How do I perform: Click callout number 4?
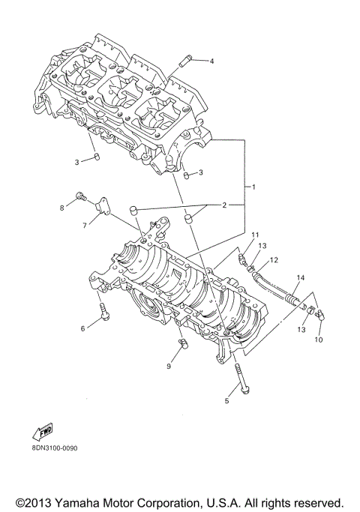[211, 61]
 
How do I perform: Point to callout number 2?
[223, 205]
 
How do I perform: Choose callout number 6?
[83, 328]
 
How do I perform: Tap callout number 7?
[85, 224]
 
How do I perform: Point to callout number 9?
[169, 367]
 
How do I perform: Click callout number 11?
[255, 235]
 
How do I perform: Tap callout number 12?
[274, 260]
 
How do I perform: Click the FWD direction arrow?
[40, 433]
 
